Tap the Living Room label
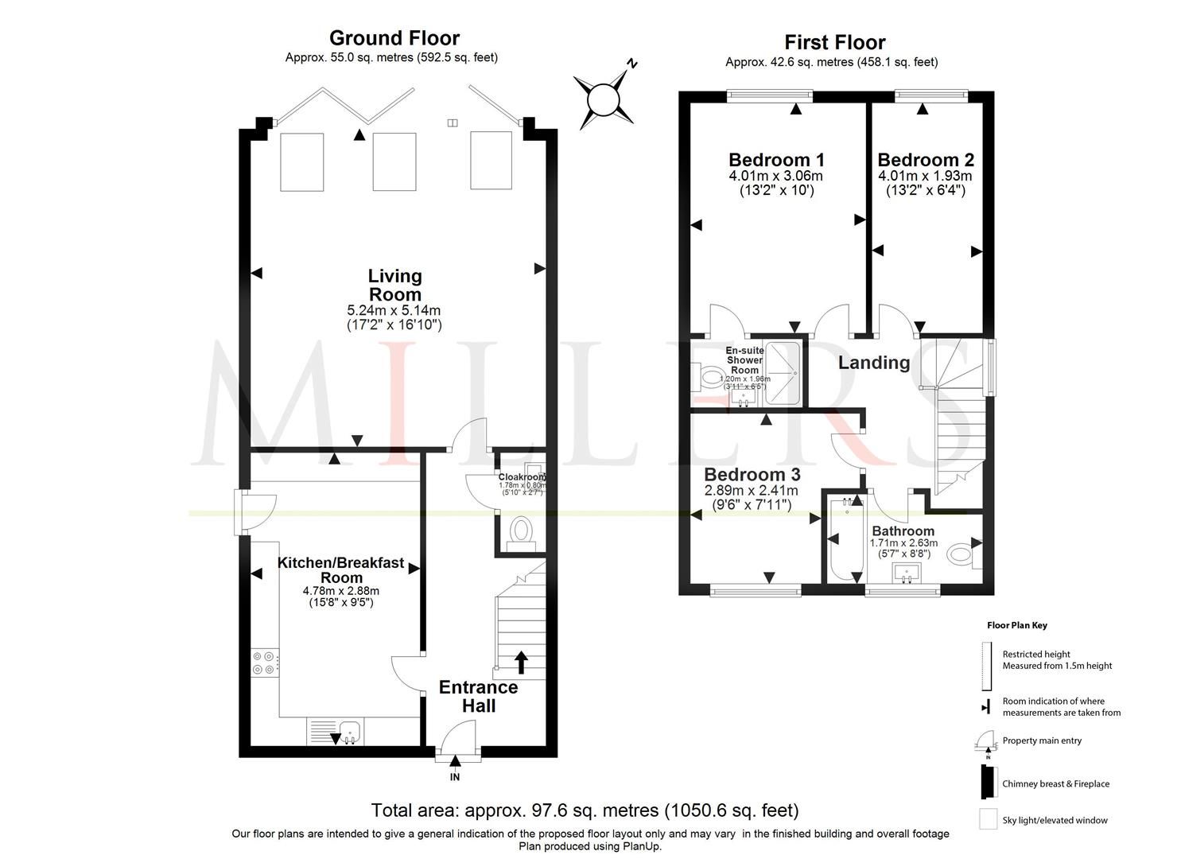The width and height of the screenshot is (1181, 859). [x=394, y=285]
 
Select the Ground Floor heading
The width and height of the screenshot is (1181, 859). [x=394, y=37]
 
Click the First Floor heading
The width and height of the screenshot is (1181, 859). [x=834, y=42]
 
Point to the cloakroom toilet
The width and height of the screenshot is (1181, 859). [x=522, y=531]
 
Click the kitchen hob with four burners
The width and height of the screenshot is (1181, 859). [x=264, y=663]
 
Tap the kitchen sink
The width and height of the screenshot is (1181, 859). [x=348, y=729]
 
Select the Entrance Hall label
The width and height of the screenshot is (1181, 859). [x=478, y=696]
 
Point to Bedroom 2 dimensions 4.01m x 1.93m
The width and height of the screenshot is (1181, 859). [x=925, y=176]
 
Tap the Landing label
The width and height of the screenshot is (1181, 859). [x=874, y=363]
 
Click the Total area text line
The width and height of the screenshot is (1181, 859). [x=585, y=810]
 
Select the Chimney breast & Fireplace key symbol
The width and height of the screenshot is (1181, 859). [x=987, y=783]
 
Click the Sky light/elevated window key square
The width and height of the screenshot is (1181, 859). [x=988, y=819]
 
